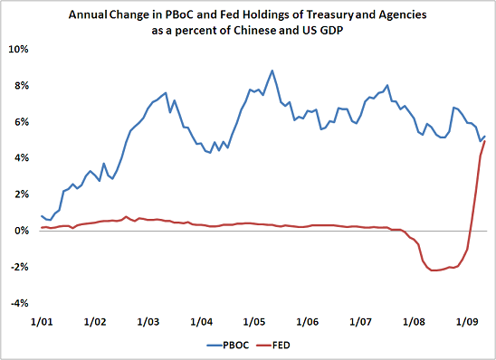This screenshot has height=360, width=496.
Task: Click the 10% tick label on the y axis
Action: (x=19, y=49)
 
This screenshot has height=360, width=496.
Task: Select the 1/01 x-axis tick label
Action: (x=41, y=322)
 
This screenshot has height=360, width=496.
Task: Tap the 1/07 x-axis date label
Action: (x=360, y=322)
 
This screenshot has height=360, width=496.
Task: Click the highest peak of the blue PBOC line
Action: (x=272, y=71)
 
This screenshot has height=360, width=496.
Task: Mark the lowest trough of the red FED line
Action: (x=435, y=270)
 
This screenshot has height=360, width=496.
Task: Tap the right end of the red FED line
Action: (x=485, y=141)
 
